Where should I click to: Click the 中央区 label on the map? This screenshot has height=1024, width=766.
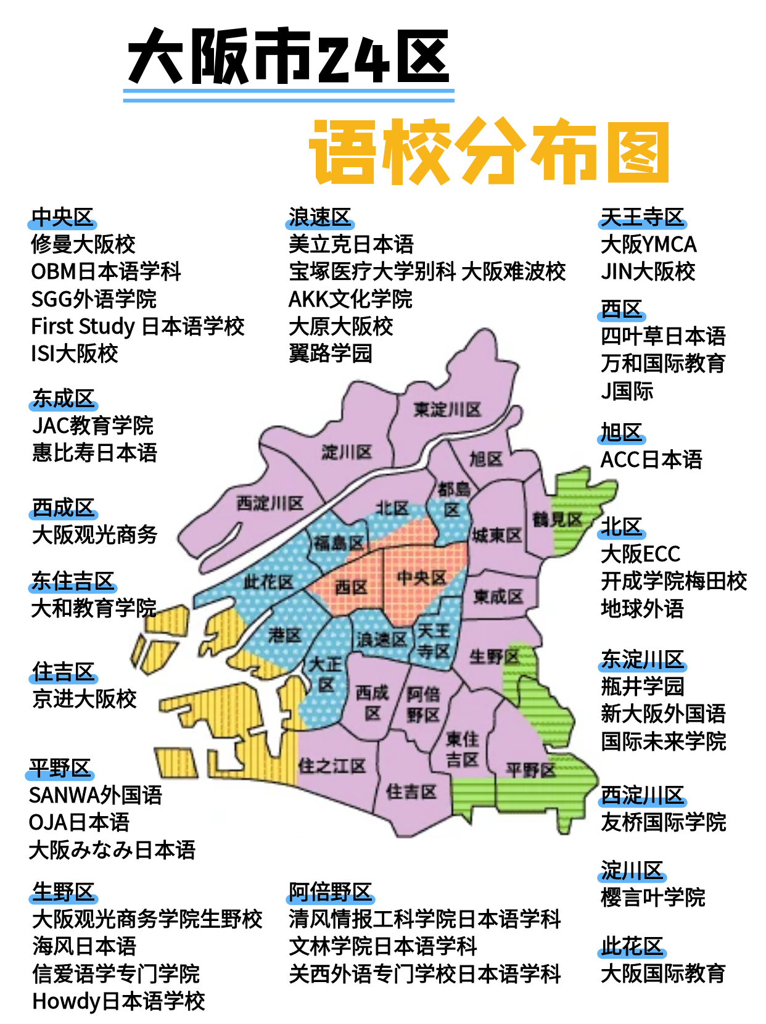click(x=421, y=578)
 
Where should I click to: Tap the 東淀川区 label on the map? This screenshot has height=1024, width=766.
click(x=447, y=410)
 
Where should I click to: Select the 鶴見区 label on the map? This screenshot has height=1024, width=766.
click(x=558, y=519)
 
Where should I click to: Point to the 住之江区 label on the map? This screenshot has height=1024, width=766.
click(x=332, y=766)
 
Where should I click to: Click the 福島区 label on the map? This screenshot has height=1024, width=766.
click(x=339, y=543)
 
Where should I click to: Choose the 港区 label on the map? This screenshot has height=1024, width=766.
click(x=285, y=635)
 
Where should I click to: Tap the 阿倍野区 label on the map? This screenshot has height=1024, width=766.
click(x=423, y=704)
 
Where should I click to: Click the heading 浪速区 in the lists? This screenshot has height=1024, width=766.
click(x=319, y=217)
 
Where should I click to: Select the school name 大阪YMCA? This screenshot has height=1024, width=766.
click(x=648, y=244)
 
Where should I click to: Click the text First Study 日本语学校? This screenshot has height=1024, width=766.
click(x=138, y=326)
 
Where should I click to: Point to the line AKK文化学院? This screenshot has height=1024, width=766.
click(x=350, y=299)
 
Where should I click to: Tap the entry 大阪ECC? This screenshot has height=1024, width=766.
click(x=640, y=554)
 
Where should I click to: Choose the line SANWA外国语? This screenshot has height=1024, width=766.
click(x=95, y=795)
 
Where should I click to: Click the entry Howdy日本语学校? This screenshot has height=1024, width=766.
click(x=118, y=1001)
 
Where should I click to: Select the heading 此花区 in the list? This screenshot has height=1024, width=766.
click(x=632, y=946)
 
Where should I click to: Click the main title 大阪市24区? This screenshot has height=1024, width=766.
click(x=289, y=57)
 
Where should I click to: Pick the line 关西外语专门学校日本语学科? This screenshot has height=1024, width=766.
click(x=424, y=973)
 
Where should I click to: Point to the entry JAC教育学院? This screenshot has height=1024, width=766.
click(x=93, y=426)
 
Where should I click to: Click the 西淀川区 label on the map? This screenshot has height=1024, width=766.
click(x=270, y=503)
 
